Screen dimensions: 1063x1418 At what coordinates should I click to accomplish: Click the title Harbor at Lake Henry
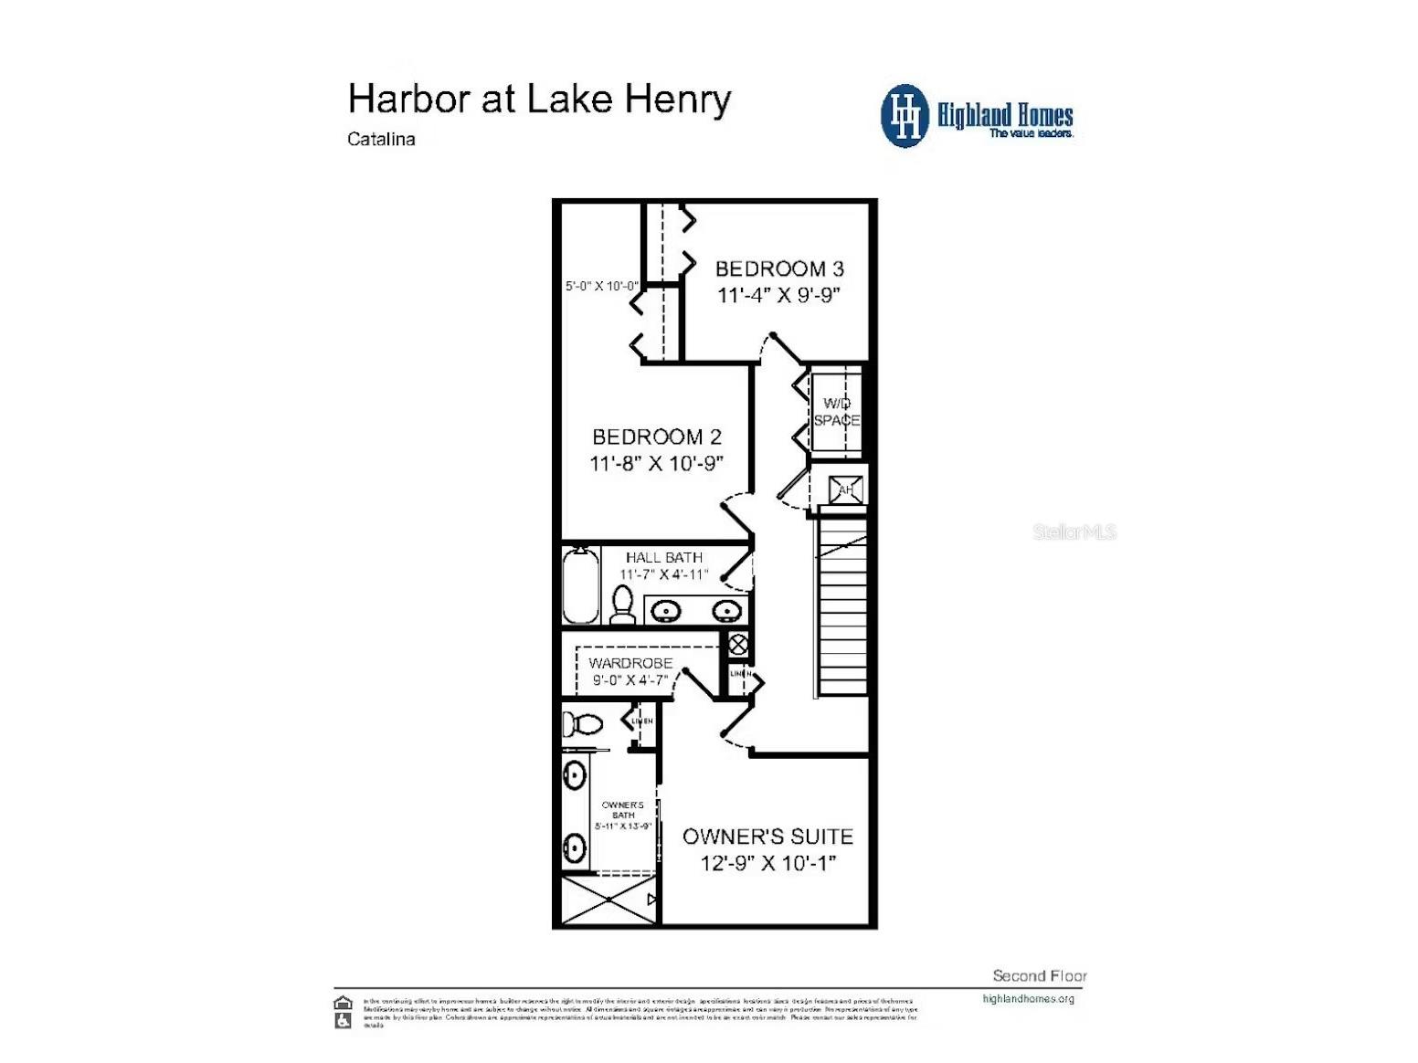(539, 100)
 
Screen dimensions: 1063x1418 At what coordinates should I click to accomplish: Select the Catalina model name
(381, 140)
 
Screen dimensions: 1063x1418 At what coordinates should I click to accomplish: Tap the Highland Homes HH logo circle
(905, 116)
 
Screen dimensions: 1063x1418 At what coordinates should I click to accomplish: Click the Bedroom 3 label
(778, 268)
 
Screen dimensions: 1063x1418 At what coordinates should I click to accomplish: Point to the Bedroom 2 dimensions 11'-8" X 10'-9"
(656, 463)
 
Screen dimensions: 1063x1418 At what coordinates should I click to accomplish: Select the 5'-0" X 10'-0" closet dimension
(601, 286)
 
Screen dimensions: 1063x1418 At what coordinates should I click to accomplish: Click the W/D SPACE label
(837, 412)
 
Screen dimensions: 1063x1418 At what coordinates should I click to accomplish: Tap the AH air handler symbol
(845, 490)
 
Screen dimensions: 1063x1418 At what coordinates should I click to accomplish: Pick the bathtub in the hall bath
(580, 585)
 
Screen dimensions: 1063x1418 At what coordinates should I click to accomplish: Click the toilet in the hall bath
(622, 605)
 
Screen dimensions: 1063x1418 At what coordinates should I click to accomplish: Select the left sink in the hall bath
(666, 610)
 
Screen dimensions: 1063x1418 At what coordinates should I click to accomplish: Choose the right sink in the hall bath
(726, 610)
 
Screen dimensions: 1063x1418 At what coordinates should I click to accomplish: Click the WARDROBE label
(630, 663)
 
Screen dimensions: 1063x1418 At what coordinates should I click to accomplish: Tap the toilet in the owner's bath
(581, 724)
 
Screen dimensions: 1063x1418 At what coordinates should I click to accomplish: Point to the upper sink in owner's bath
(574, 775)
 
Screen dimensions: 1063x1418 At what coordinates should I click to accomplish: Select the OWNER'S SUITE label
(767, 837)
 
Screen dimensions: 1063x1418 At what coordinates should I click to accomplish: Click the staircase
(841, 607)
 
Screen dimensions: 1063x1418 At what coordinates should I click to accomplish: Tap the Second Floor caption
(1039, 976)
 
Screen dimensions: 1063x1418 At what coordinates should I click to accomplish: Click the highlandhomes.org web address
(1028, 999)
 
